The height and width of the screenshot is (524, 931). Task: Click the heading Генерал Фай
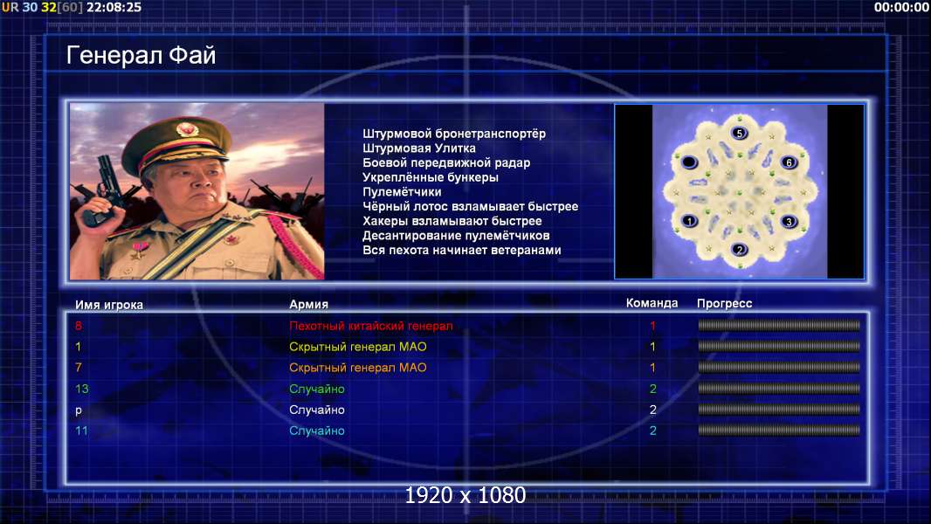point(141,55)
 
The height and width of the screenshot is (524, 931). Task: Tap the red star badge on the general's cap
point(187,128)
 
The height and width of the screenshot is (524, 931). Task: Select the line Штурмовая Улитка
point(419,148)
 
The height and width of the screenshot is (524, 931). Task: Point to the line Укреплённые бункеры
point(431,177)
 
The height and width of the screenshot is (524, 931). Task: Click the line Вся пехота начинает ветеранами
point(462,250)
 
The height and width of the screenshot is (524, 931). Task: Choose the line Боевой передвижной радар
point(446,162)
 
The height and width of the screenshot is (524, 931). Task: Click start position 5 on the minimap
point(739,133)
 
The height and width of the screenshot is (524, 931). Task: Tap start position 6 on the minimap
point(789,162)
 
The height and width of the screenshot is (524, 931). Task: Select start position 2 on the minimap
point(739,249)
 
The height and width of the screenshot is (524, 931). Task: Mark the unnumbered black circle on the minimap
point(689,162)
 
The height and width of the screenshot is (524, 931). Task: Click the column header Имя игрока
point(109,305)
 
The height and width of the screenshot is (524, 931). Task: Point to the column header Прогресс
point(724,303)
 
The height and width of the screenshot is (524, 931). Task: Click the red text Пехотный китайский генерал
point(371,326)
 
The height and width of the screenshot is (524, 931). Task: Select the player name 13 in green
point(82,389)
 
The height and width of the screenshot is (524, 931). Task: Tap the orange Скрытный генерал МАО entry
point(358,368)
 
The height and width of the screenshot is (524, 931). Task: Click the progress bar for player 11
point(779,431)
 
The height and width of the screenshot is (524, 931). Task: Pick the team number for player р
point(652,410)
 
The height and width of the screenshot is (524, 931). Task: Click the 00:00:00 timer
point(901,7)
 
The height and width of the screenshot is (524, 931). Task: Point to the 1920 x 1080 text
point(465,495)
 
